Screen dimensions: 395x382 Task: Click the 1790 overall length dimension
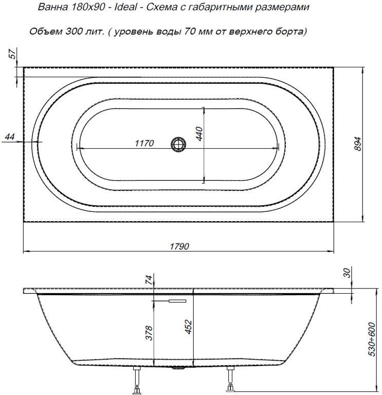point(179,246)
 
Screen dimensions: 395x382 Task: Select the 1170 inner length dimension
point(144,143)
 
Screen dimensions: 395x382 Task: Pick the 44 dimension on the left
point(9,136)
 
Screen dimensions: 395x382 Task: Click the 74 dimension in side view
point(149,280)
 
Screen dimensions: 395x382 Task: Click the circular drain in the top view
point(178,144)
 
